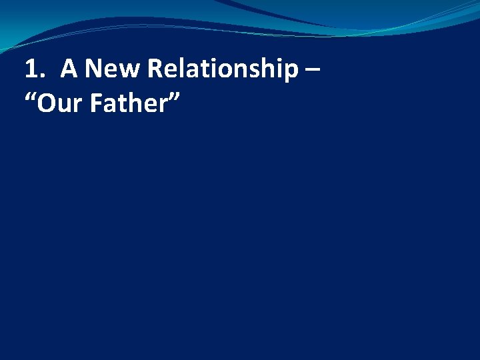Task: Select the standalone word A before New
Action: click(69, 69)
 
